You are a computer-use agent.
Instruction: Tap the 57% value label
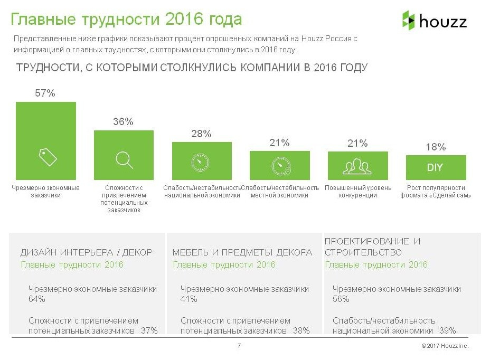45,93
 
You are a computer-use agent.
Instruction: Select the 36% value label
123,121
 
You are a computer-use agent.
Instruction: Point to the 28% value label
201,134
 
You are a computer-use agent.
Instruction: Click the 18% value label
436,147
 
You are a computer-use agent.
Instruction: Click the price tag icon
48,157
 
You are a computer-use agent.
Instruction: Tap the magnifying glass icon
124,159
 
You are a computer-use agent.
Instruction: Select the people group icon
357,166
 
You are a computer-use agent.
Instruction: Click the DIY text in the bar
435,168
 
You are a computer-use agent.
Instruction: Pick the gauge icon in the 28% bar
201,162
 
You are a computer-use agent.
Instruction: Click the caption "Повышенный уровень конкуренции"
358,191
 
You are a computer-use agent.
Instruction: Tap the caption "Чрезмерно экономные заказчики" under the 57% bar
45,191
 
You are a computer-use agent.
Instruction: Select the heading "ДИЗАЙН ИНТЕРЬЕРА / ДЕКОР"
86,252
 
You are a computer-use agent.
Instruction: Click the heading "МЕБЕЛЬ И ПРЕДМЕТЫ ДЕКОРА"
242,252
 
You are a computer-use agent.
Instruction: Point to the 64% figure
36,299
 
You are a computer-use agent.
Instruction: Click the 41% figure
189,299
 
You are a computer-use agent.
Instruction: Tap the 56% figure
341,299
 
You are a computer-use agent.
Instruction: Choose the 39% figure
448,330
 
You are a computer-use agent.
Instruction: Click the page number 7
239,346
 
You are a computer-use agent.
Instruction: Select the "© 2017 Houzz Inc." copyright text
445,346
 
